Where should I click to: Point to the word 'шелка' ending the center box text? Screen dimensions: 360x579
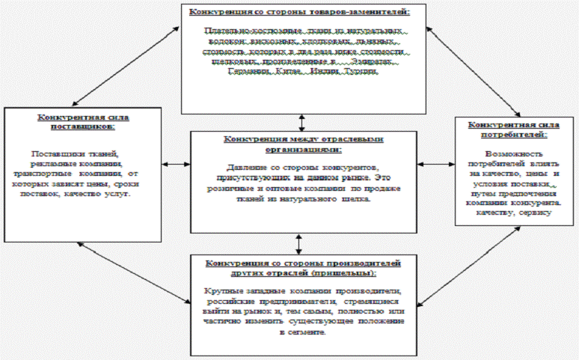[346, 200]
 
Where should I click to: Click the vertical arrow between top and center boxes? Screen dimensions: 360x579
[301, 120]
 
